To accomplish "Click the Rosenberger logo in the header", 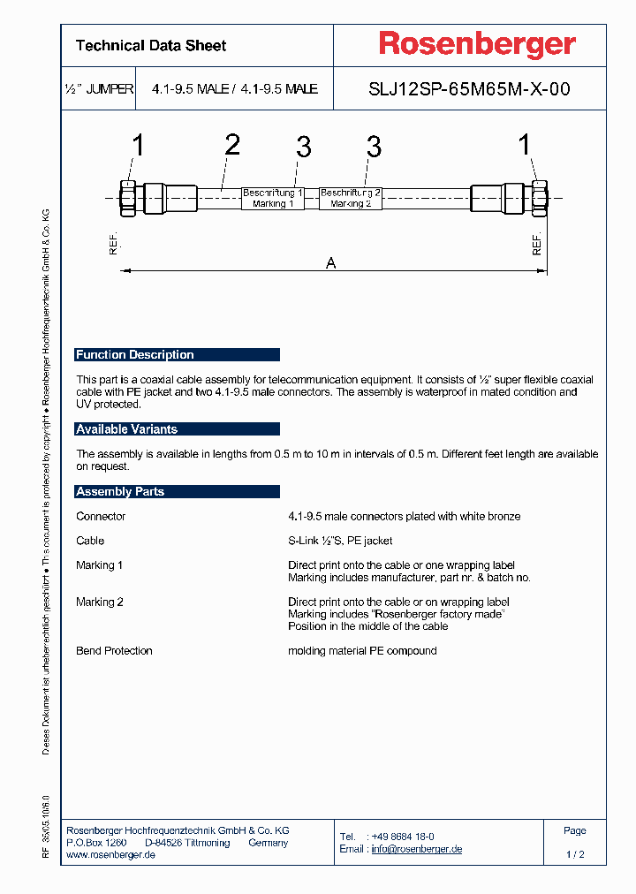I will tap(477, 44).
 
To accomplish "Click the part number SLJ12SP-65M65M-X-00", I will tap(468, 89).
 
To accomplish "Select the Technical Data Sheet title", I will tap(151, 46).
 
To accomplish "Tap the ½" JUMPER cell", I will tap(99, 89).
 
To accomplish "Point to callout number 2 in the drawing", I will tap(231, 145).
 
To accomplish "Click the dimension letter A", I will tap(331, 262).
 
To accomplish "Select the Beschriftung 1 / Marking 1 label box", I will tap(273, 198).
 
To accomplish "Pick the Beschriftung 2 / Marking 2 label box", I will tap(351, 198).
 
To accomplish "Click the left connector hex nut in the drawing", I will tap(125, 197).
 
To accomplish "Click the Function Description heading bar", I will tap(177, 355).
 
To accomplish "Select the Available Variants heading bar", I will tap(177, 429).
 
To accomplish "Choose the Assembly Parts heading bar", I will tap(177, 492).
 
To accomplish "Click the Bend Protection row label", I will tap(114, 651).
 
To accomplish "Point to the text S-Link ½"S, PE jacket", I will tap(340, 541).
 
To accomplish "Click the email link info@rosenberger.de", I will tap(416, 849).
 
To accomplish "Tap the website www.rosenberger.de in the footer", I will tap(111, 855).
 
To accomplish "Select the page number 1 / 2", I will tap(574, 855).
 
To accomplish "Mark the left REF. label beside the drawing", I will tap(113, 246).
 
